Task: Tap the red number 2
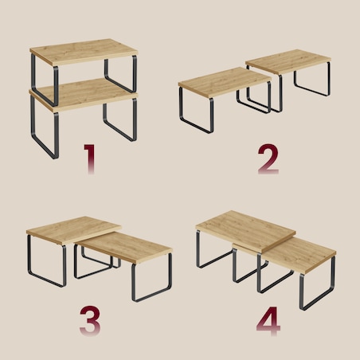point(268,159)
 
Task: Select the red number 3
point(90,321)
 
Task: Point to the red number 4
point(268,321)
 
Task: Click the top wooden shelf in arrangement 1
point(84,52)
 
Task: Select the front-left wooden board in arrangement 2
point(225,82)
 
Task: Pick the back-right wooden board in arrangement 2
point(288,61)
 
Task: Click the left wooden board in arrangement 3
point(73,230)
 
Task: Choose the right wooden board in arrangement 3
point(125,247)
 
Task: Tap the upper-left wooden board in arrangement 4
point(245,231)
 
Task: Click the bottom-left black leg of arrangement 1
point(44,127)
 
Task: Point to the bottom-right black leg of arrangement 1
point(120,119)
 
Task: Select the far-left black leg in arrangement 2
point(196,110)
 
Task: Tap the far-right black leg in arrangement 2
point(312,80)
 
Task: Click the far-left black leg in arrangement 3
point(46,261)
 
